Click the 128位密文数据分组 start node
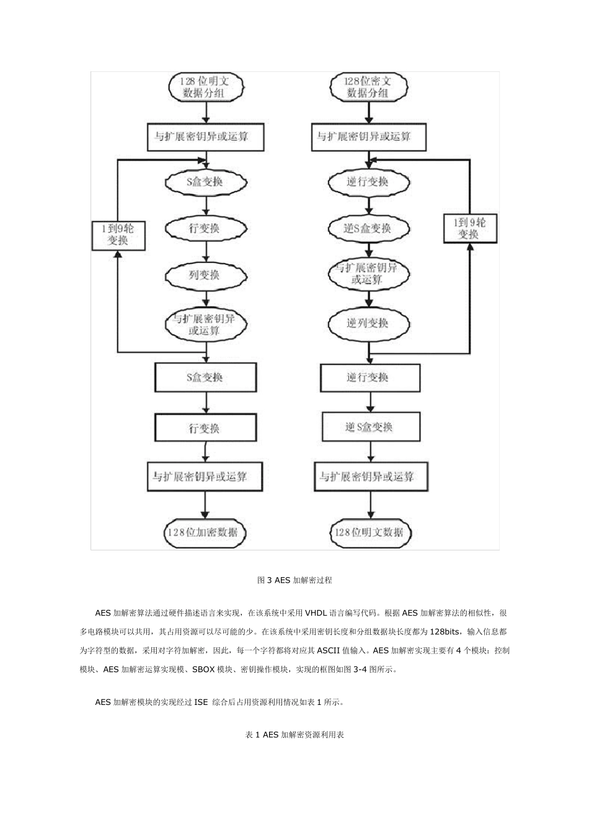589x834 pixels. point(368,87)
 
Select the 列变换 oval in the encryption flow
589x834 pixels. point(205,274)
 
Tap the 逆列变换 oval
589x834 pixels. point(368,323)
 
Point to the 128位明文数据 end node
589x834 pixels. point(370,532)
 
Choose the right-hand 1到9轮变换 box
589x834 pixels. point(470,228)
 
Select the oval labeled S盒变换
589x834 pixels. point(205,182)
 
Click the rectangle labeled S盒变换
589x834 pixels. point(205,377)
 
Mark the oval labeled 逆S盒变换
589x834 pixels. point(368,228)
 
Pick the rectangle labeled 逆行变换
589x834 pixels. point(370,377)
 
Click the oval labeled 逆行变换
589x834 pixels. point(368,182)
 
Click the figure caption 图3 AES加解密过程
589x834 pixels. point(294,580)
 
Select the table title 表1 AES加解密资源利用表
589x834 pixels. point(294,735)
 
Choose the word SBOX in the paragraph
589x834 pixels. point(204,670)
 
